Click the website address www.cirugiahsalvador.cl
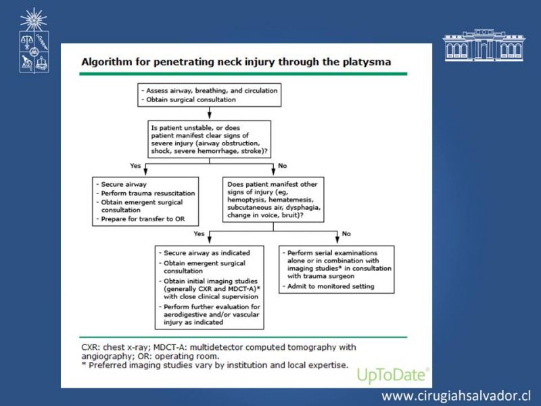pos(456,396)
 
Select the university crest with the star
pos(34,40)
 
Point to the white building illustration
pos(484,45)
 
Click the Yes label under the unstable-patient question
pos(136,166)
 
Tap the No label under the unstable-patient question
pos(282,166)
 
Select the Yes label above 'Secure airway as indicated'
pos(199,233)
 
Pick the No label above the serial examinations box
pos(346,233)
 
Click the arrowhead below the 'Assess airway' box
pos(210,114)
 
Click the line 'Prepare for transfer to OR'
pos(143,219)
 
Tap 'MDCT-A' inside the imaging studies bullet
pos(245,289)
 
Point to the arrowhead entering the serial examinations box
pos(337,240)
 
